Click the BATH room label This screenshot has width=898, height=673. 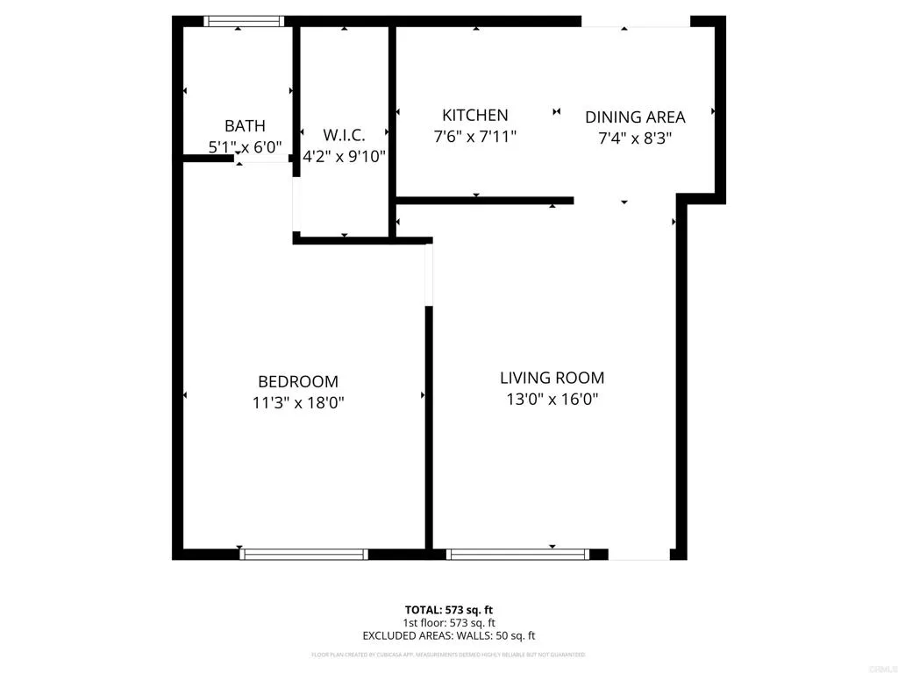point(245,126)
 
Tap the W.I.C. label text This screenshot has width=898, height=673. point(344,135)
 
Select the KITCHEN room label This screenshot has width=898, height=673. point(474,116)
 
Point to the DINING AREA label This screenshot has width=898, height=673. point(635,117)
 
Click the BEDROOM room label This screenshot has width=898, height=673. point(298,382)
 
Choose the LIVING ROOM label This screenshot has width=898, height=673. point(552,379)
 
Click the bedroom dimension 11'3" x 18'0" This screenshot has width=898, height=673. point(298,403)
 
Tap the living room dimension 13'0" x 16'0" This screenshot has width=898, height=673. point(552,400)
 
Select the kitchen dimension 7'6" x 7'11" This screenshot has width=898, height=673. point(474,137)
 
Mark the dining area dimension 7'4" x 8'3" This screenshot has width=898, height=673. point(635,138)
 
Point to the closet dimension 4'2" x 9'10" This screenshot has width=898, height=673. point(344,156)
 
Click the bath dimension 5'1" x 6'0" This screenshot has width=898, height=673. point(245,147)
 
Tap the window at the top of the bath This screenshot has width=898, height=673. point(244,21)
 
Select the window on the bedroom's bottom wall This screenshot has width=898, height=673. point(303,554)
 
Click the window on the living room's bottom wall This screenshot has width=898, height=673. point(517,554)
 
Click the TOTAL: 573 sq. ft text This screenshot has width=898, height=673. point(448,610)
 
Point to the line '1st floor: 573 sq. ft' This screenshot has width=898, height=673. point(448,623)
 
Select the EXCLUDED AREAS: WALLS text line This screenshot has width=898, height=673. point(448,636)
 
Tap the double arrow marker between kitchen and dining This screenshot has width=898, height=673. point(557,111)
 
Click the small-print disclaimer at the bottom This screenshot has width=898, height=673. point(448,655)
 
